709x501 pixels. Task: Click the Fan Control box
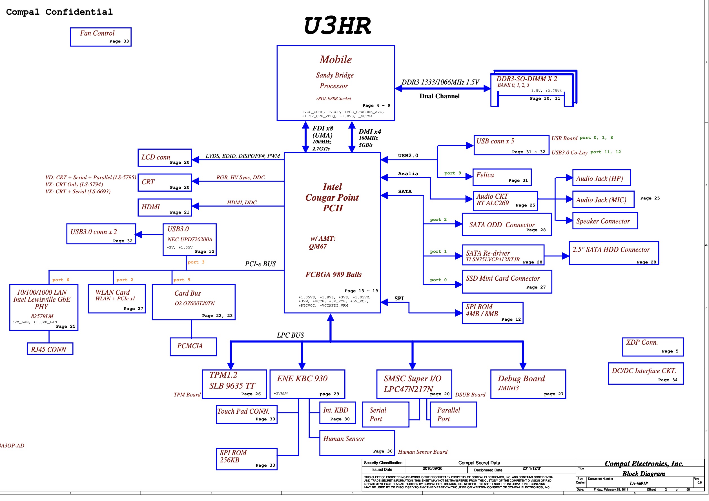click(101, 37)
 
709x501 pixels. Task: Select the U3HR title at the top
click(337, 26)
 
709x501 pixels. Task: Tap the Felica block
click(502, 177)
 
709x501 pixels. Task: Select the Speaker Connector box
click(605, 221)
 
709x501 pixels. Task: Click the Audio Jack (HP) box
click(601, 178)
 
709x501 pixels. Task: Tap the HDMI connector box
click(165, 207)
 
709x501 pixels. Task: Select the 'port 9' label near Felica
click(452, 173)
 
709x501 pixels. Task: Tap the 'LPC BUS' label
click(290, 335)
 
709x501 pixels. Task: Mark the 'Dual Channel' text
click(439, 96)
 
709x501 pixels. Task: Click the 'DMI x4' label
click(370, 132)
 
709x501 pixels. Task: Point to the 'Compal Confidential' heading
click(59, 12)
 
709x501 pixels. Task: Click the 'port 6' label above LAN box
click(61, 280)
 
